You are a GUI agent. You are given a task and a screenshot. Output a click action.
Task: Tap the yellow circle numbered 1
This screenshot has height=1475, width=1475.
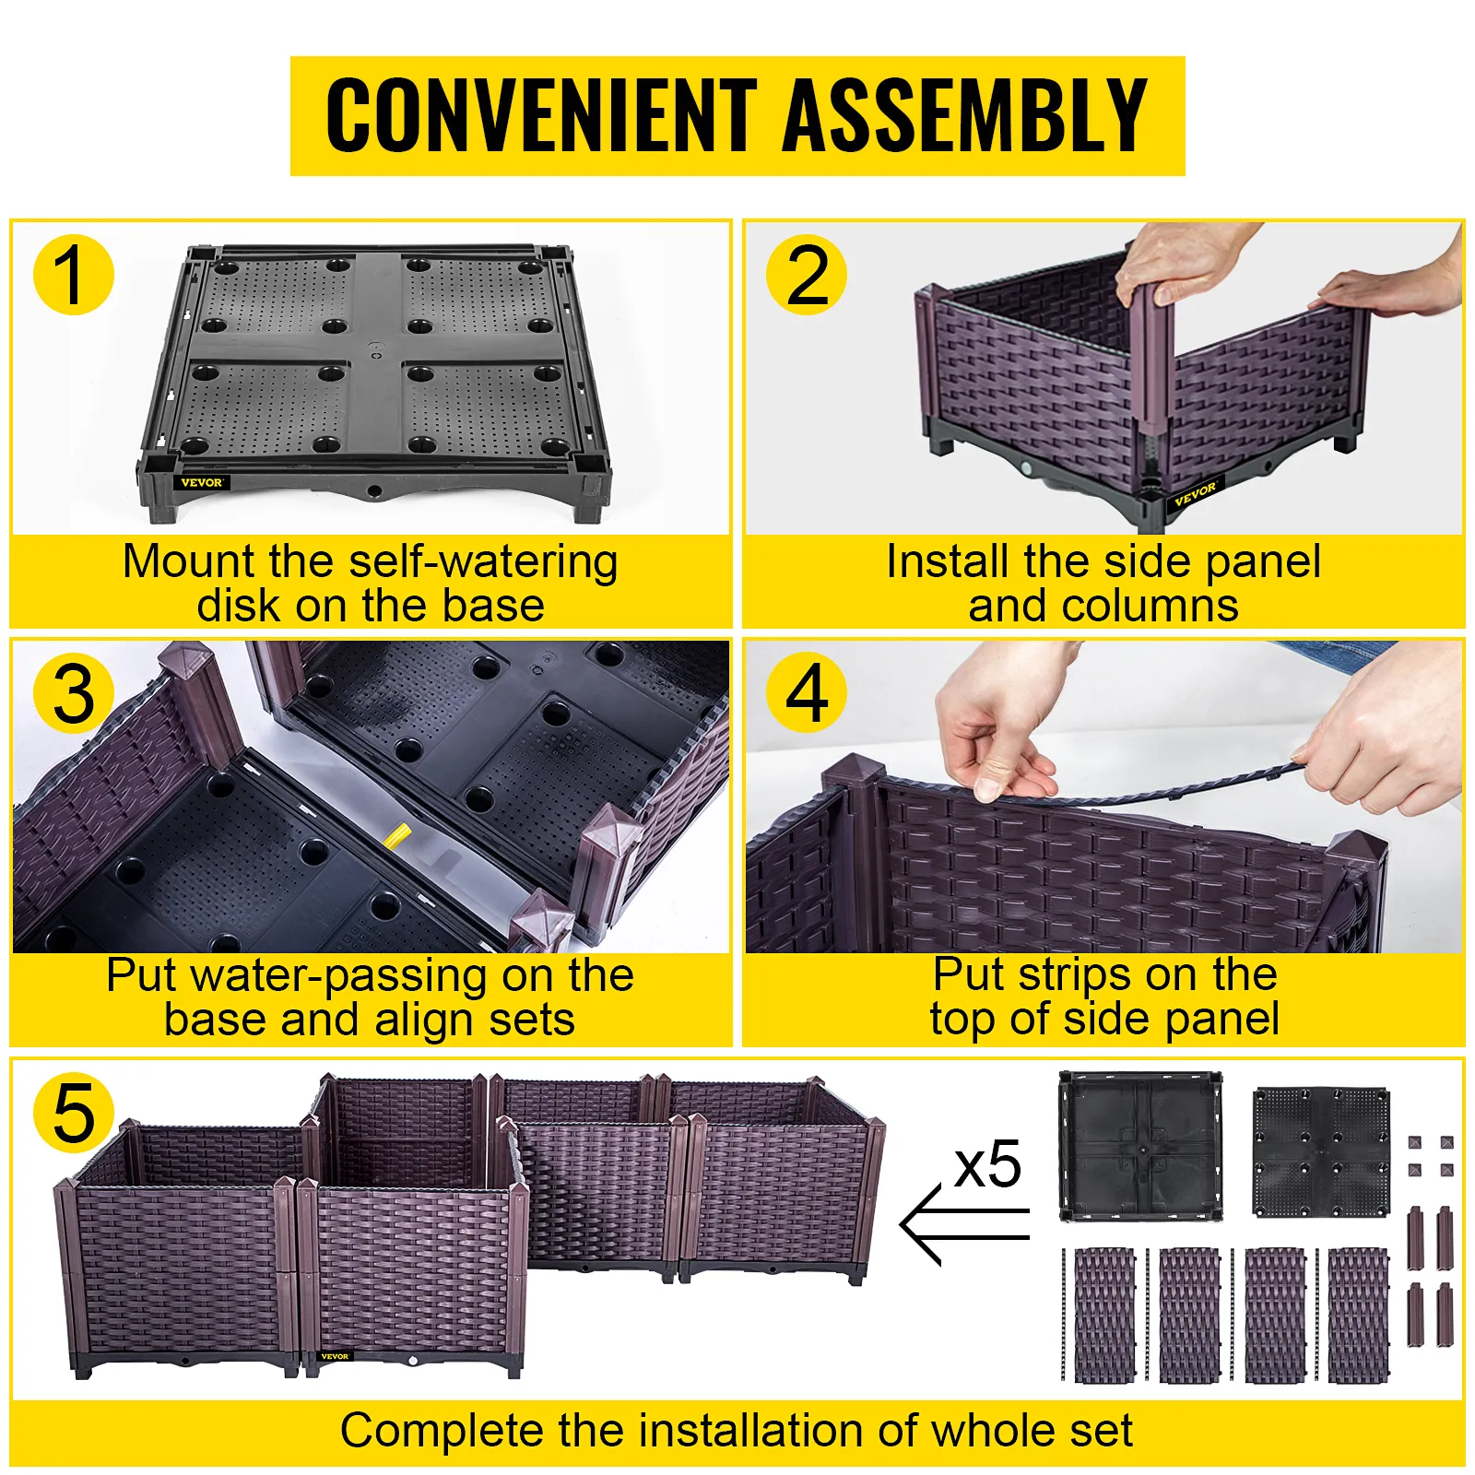tap(73, 275)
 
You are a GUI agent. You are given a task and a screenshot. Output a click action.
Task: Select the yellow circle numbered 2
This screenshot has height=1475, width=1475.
tap(807, 275)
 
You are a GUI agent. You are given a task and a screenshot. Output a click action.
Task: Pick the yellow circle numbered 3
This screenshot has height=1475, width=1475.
tap(73, 693)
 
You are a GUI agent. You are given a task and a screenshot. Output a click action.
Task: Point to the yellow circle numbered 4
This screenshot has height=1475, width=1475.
tap(807, 693)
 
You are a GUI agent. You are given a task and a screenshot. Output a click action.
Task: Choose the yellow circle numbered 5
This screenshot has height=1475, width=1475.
tap(73, 1113)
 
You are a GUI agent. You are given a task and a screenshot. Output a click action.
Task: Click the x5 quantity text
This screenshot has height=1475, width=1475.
tap(988, 1165)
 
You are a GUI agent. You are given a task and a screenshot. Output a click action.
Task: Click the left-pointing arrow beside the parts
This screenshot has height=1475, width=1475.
tap(964, 1224)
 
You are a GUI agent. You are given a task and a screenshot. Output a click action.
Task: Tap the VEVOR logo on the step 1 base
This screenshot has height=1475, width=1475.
tap(201, 482)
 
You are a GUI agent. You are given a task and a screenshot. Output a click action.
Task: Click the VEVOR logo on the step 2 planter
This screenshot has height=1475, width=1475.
tap(1196, 493)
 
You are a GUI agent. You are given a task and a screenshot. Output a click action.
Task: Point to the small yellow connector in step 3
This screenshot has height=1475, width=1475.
tap(397, 835)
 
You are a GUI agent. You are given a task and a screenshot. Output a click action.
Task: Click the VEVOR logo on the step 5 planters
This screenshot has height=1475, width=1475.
tap(335, 1356)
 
